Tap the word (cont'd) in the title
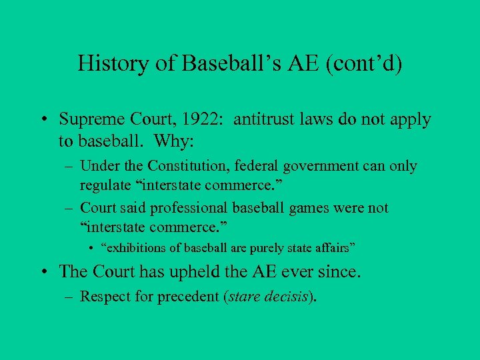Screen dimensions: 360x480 [365, 64]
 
